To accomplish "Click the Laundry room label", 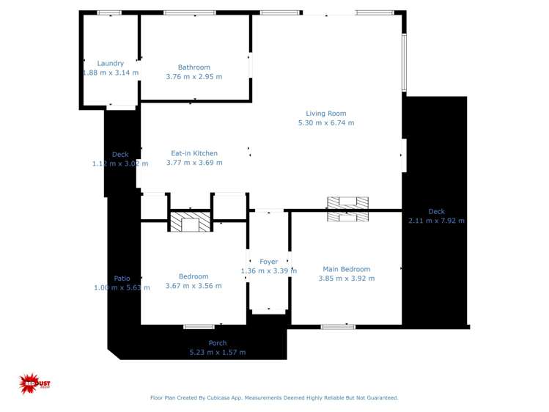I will tap(111, 64).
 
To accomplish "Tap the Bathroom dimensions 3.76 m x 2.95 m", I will tap(194, 77).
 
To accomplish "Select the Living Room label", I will tap(325, 114).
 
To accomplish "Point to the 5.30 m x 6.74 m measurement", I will tap(325, 123).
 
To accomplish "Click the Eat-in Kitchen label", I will tap(194, 153).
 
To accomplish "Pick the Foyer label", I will tap(269, 262).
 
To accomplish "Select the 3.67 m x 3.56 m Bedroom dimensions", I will tap(194, 286).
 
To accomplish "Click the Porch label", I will tap(218, 343).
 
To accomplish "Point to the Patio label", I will tap(122, 279).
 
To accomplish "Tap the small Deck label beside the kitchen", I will tap(120, 155).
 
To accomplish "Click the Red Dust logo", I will tap(34, 383).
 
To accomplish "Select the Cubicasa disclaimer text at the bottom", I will tap(274, 398).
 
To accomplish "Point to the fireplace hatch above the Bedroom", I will tap(190, 222).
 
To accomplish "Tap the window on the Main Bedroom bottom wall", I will tap(338, 326).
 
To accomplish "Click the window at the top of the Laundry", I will tap(109, 12).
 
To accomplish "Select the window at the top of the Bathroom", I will tap(189, 12).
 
